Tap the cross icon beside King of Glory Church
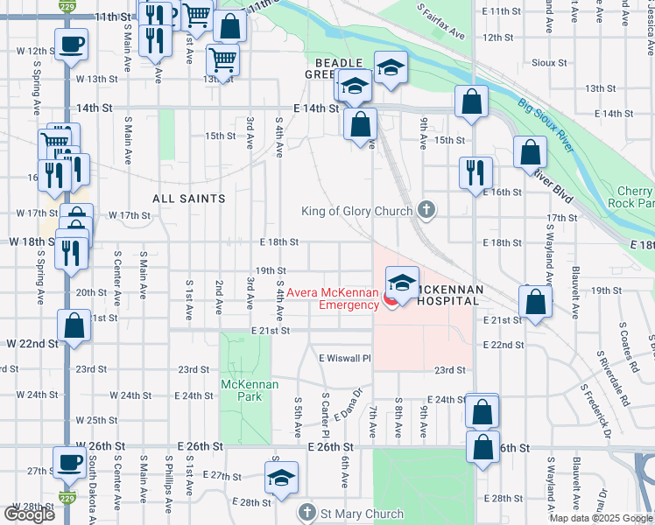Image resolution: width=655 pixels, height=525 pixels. coord(426,209)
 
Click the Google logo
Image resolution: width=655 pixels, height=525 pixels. coord(29,514)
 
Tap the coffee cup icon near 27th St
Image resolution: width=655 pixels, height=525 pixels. coord(69,461)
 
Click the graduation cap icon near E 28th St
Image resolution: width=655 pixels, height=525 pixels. coord(282,479)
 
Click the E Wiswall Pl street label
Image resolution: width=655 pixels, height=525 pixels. coord(345,358)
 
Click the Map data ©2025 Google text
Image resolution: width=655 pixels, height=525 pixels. coord(600,518)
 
